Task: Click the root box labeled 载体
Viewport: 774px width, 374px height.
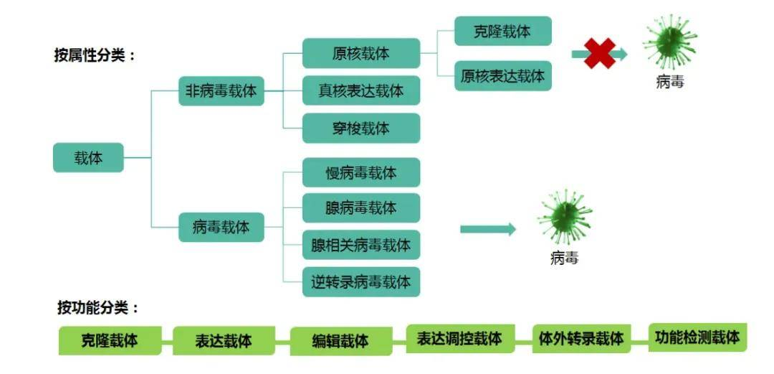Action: [88, 158]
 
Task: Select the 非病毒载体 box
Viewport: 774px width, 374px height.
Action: [221, 91]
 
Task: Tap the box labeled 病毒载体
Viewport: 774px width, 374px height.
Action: [221, 227]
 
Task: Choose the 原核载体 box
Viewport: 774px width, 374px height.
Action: [360, 54]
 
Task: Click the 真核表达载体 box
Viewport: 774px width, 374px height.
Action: [360, 91]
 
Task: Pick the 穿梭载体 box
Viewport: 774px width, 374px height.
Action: [360, 128]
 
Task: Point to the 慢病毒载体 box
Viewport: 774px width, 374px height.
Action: [360, 173]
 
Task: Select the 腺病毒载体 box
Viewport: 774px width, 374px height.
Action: [360, 208]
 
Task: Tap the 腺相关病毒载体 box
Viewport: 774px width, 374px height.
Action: [360, 245]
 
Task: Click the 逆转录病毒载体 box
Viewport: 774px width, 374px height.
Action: [360, 282]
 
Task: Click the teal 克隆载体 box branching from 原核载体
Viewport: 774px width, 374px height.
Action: [502, 32]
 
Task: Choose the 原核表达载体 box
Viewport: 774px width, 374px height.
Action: [502, 75]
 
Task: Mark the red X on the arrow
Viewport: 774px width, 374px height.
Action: [599, 54]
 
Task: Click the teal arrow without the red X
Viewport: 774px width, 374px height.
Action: [487, 229]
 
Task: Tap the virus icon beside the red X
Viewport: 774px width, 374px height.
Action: [669, 42]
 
